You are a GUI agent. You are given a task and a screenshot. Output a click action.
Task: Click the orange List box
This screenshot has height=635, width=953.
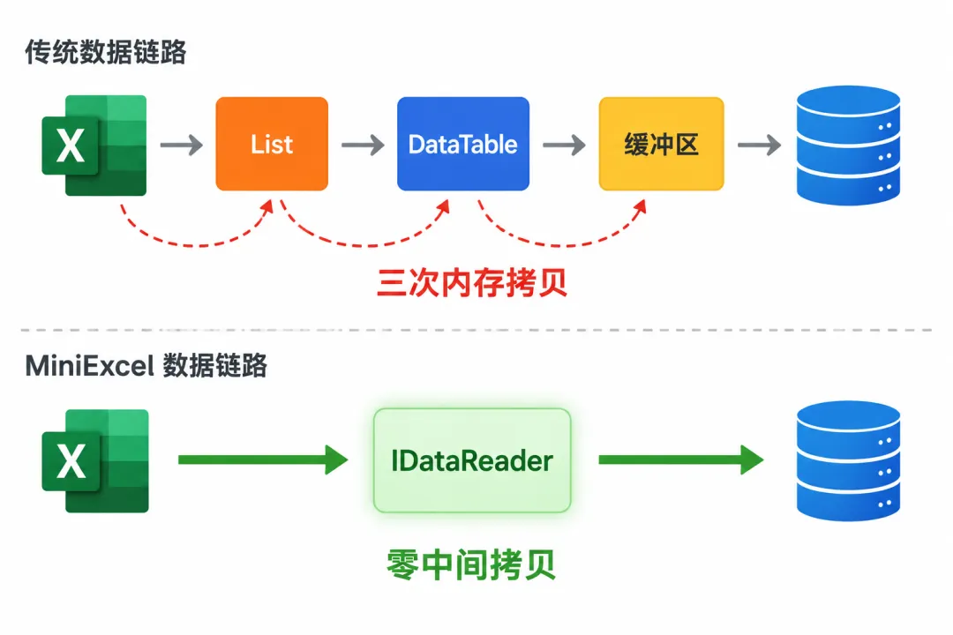coord(272,144)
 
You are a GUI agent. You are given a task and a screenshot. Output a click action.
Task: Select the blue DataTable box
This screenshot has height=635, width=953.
coord(463,144)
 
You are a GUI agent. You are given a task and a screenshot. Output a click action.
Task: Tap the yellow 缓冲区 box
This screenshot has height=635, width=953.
coord(661,144)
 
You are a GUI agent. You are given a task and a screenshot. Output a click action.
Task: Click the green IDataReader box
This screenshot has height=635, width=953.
coord(472,460)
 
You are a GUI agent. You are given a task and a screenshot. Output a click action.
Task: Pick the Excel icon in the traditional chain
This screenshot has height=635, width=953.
coord(94,146)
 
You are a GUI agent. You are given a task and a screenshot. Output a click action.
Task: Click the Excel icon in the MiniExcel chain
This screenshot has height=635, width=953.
coord(94,460)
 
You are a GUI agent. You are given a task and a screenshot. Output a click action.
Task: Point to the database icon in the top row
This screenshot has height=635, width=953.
coord(849,146)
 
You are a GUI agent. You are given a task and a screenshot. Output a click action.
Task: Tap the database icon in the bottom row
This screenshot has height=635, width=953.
coord(849,460)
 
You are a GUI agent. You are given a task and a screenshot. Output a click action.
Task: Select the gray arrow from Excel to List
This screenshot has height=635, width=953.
coord(182,146)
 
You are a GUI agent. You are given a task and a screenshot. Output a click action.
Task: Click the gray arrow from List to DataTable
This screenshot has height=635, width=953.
coord(363,146)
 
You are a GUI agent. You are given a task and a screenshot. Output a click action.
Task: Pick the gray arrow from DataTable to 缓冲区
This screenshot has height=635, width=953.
coord(564,146)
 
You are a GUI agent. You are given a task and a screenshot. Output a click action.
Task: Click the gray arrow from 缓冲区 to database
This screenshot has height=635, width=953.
coord(759,146)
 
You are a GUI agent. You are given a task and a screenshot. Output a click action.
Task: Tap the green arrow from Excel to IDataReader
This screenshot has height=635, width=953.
coord(263,460)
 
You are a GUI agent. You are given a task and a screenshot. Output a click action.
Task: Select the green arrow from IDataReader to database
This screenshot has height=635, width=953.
coord(681,460)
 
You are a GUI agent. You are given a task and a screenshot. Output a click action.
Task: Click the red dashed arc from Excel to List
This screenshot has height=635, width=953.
coord(194,245)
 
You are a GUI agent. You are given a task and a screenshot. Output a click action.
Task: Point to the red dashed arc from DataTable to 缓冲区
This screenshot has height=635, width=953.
coord(559,245)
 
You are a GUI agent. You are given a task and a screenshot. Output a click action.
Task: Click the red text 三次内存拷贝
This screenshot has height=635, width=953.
coord(472,282)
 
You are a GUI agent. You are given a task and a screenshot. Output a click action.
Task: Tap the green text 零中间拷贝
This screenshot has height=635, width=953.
coord(471,565)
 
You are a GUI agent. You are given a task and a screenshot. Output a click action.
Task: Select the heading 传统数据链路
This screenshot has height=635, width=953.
coord(105,52)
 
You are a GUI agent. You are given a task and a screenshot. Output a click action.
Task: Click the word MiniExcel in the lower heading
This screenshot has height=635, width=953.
coord(89,366)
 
